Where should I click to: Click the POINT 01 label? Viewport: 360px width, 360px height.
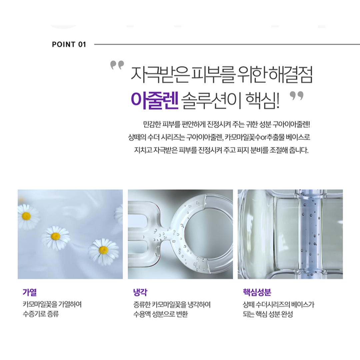pos(69,44)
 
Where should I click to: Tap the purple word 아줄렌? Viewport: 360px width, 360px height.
pos(155,101)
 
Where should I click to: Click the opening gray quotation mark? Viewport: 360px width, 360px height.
pos(117,65)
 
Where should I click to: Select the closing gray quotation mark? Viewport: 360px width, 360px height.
pos(296,96)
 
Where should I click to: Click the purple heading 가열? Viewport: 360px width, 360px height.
pos(30,292)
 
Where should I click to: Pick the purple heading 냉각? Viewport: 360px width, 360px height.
pos(140,292)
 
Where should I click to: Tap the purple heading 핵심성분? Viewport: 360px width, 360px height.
pos(257,292)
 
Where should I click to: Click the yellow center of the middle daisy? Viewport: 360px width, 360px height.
pos(56,236)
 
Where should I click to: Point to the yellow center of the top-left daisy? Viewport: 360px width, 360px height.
pos(26,216)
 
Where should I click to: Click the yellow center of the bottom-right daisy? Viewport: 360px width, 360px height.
pos(103,250)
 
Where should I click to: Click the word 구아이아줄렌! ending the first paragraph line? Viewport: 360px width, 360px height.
pos(291,124)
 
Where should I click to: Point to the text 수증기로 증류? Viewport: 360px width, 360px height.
pos(41,314)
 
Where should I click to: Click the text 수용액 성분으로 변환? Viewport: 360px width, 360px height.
pos(160,314)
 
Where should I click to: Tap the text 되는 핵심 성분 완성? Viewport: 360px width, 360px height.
pos(268,314)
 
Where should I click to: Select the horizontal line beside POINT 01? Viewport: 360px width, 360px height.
pos(227,44)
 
